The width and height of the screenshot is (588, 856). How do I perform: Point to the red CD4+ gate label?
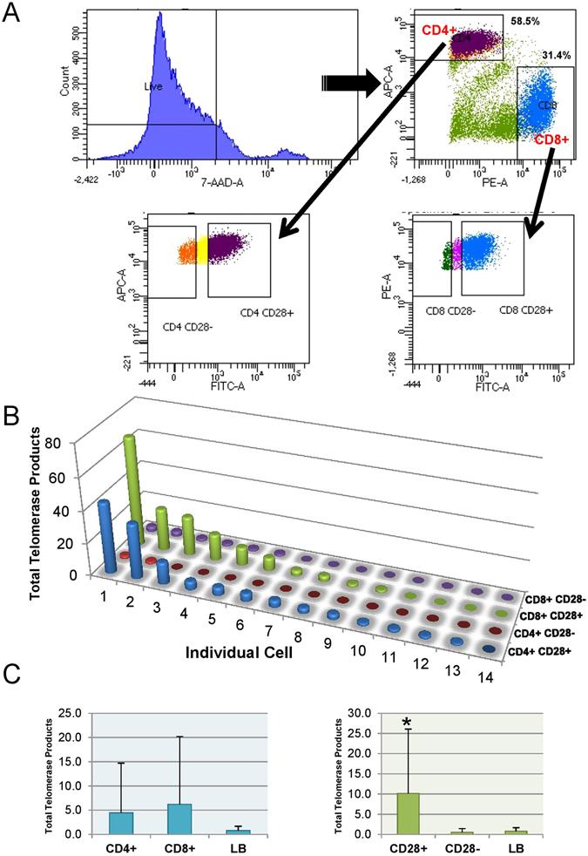tap(438, 31)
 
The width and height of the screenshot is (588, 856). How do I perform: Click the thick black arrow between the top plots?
tap(346, 83)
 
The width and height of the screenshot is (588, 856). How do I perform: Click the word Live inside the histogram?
tap(154, 86)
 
